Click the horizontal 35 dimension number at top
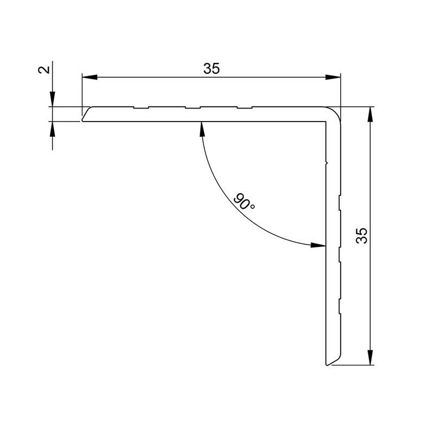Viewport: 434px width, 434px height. coord(212,69)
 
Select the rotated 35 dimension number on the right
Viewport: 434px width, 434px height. coord(362,235)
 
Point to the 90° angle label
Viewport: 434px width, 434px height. coord(245,202)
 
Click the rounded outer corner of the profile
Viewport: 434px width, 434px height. coord(336,112)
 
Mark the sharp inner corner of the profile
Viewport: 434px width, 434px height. coord(325,122)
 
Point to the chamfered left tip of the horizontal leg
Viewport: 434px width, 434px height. coord(84,115)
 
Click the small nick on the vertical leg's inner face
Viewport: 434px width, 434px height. coord(326,161)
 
